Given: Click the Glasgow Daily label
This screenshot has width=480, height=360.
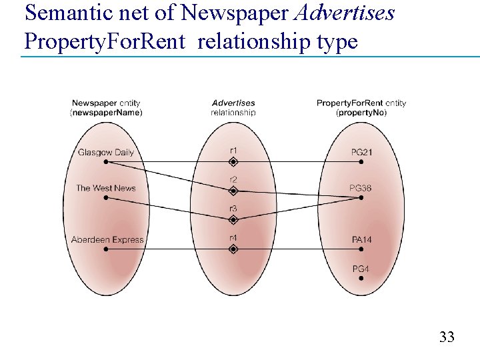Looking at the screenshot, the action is click(105, 152).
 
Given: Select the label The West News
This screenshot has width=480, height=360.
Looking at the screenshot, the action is click(105, 188).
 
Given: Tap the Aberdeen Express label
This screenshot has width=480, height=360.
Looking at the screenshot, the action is click(107, 239).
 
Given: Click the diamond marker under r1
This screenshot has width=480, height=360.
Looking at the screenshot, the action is click(233, 161).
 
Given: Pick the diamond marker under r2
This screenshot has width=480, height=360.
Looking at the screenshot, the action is click(233, 191).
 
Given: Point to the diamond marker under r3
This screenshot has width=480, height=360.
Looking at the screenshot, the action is click(233, 219).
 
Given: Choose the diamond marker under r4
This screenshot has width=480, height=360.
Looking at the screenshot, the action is click(233, 249).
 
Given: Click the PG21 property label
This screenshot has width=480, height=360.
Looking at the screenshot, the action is click(361, 152).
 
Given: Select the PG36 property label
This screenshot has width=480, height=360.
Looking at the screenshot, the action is click(361, 188).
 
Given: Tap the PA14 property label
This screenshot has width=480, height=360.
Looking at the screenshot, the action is click(361, 239).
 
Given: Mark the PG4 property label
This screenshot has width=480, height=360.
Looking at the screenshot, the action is click(361, 268).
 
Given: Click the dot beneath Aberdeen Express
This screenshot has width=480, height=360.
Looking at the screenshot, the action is click(107, 249).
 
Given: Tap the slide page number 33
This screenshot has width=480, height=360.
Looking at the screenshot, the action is click(447, 337).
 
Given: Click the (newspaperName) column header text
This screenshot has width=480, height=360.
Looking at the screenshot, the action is click(106, 113).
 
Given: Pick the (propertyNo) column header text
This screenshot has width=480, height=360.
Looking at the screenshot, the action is click(361, 113).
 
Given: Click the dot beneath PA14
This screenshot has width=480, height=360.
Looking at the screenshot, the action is click(361, 249).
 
